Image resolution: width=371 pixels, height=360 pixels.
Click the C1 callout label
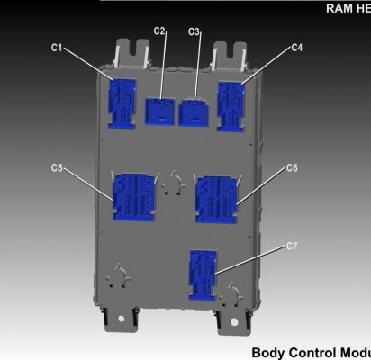[x=57, y=48]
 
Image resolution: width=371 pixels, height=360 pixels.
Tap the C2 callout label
[x=159, y=31]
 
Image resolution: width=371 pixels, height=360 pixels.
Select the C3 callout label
[x=194, y=31]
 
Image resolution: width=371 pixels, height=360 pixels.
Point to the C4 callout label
[x=297, y=48]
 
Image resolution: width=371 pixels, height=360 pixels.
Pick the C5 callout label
[x=57, y=167]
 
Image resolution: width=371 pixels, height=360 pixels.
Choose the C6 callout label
[x=292, y=167]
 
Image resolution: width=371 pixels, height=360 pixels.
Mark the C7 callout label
[x=292, y=247]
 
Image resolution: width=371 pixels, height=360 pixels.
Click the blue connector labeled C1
[x=122, y=103]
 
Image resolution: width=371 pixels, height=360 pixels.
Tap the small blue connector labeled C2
[x=159, y=112]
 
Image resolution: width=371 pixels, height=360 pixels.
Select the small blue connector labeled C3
[x=193, y=112]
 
